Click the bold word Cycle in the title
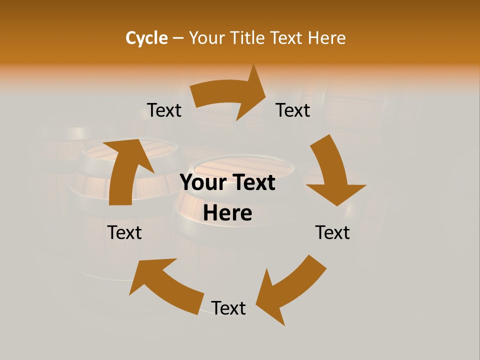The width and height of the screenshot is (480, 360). point(146,38)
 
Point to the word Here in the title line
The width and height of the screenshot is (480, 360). point(325,38)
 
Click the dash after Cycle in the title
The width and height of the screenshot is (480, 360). point(178,38)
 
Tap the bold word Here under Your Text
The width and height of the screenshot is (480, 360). point(227,213)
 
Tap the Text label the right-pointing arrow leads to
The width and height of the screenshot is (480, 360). point(293,110)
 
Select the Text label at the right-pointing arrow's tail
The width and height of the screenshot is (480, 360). point(164,110)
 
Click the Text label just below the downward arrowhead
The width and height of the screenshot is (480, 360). point(332,233)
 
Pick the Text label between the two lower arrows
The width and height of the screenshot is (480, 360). point(228,308)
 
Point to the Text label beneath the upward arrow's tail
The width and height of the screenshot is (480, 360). point(125,233)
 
